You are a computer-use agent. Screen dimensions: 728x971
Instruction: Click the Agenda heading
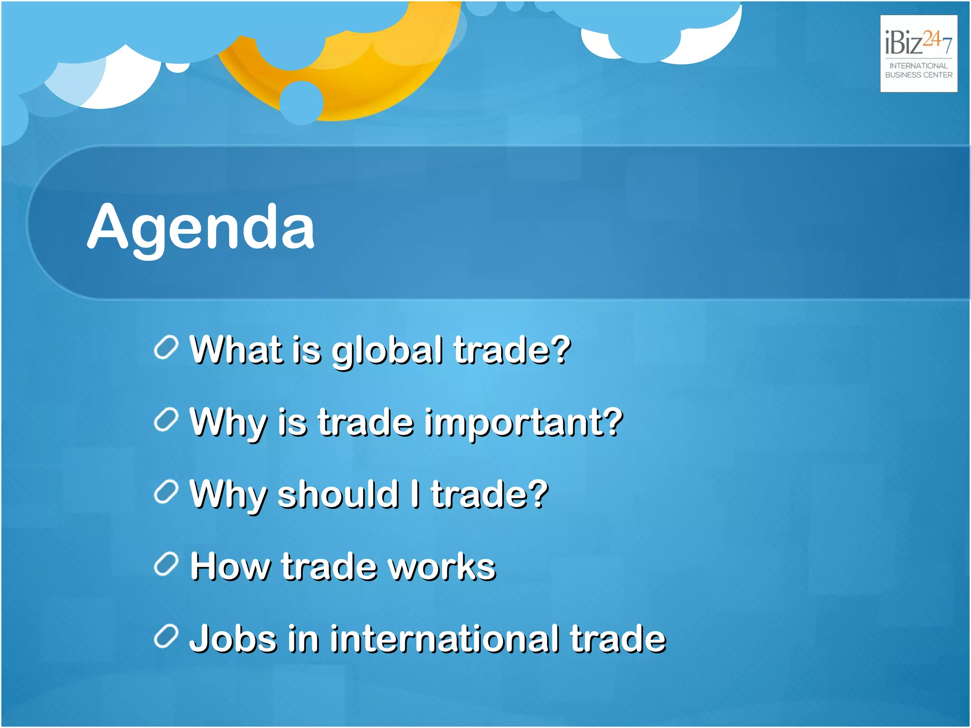pyautogui.click(x=201, y=227)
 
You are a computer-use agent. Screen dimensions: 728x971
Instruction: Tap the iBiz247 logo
pyautogui.click(x=918, y=53)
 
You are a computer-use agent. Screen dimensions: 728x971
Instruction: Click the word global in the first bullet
pyautogui.click(x=387, y=352)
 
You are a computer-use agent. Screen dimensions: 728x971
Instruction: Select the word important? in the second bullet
pyautogui.click(x=523, y=423)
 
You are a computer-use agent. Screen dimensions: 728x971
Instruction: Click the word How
pyautogui.click(x=230, y=566)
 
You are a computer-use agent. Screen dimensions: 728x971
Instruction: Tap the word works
pyautogui.click(x=441, y=566)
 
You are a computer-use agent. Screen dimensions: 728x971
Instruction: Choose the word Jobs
pyautogui.click(x=233, y=639)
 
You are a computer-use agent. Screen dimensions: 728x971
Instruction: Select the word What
pyautogui.click(x=236, y=350)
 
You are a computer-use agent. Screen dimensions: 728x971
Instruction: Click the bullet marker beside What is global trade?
pyautogui.click(x=166, y=347)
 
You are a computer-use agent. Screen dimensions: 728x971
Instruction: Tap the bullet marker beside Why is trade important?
pyautogui.click(x=166, y=420)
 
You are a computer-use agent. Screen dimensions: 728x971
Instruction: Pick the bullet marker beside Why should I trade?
pyautogui.click(x=166, y=492)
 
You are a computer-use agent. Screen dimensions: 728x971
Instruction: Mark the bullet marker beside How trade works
pyautogui.click(x=166, y=564)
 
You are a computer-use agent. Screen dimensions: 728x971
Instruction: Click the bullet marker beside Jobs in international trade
pyautogui.click(x=166, y=636)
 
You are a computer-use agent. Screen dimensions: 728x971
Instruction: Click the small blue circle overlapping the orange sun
pyautogui.click(x=302, y=102)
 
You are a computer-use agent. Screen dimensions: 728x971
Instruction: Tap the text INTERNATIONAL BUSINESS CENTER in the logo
pyautogui.click(x=918, y=70)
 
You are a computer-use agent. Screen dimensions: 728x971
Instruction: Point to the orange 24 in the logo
pyautogui.click(x=932, y=39)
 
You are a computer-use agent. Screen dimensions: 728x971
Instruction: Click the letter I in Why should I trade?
pyautogui.click(x=415, y=494)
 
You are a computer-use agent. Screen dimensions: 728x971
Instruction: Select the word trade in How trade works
pyautogui.click(x=329, y=566)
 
